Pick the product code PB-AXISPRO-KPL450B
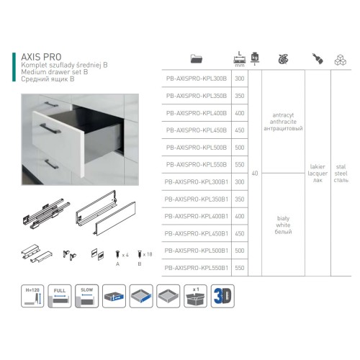pos(197,130)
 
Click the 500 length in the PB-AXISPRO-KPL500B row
pos(240,147)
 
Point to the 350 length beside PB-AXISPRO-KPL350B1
pos(240,199)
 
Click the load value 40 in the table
pos(256,173)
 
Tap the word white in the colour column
pos(283,224)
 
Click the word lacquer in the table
pos(317,173)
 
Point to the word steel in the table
pos(341,173)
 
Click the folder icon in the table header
pos(197,59)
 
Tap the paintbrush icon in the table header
pos(317,58)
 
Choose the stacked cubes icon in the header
pos(341,59)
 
